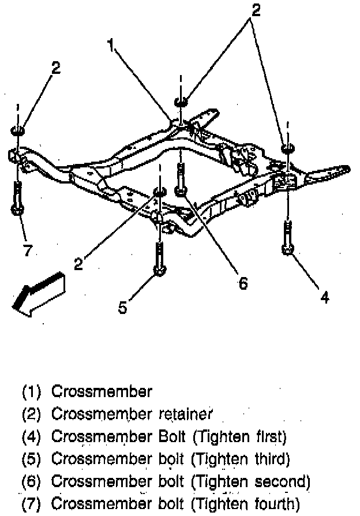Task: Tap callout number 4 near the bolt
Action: tap(325, 297)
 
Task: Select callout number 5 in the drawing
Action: tap(122, 308)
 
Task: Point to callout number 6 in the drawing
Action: tap(242, 283)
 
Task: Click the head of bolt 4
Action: tap(287, 249)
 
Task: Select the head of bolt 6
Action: tap(181, 190)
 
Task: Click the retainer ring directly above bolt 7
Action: tap(17, 129)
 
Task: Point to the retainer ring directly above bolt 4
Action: tap(287, 149)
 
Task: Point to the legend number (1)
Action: tap(32, 392)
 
